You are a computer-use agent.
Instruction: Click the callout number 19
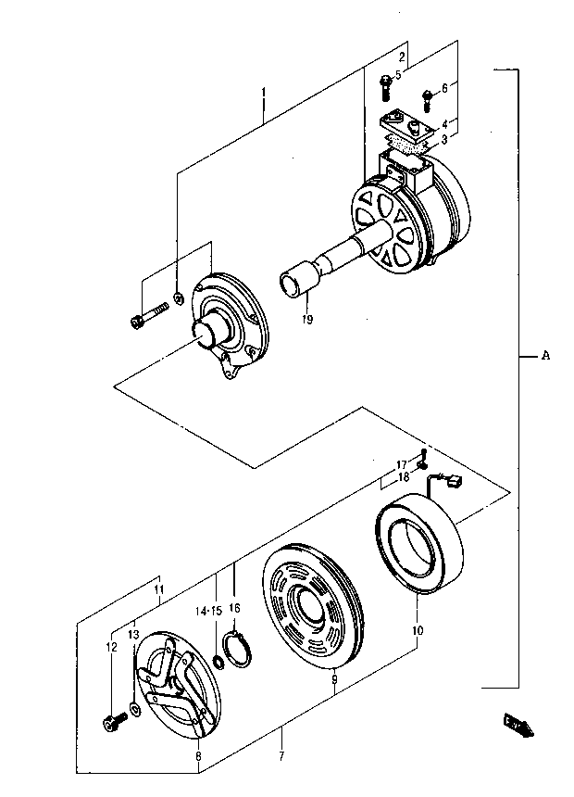[306, 319]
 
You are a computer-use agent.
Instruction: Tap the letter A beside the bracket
[545, 355]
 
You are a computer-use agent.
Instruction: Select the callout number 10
[418, 631]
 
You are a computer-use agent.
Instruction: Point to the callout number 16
[234, 608]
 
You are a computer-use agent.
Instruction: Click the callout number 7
[281, 756]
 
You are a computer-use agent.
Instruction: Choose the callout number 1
[264, 92]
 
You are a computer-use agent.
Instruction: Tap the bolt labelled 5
[385, 87]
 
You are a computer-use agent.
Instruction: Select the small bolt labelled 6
[427, 100]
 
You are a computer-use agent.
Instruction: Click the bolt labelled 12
[116, 722]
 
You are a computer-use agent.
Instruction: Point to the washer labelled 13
[134, 709]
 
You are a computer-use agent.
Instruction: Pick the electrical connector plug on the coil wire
[455, 479]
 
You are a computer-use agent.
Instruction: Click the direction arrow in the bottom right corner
[518, 724]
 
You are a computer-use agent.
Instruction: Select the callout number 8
[199, 756]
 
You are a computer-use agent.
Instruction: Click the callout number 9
[333, 678]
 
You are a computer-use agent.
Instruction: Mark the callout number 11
[159, 589]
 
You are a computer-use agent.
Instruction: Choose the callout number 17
[402, 463]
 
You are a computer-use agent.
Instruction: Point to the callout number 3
[444, 139]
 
